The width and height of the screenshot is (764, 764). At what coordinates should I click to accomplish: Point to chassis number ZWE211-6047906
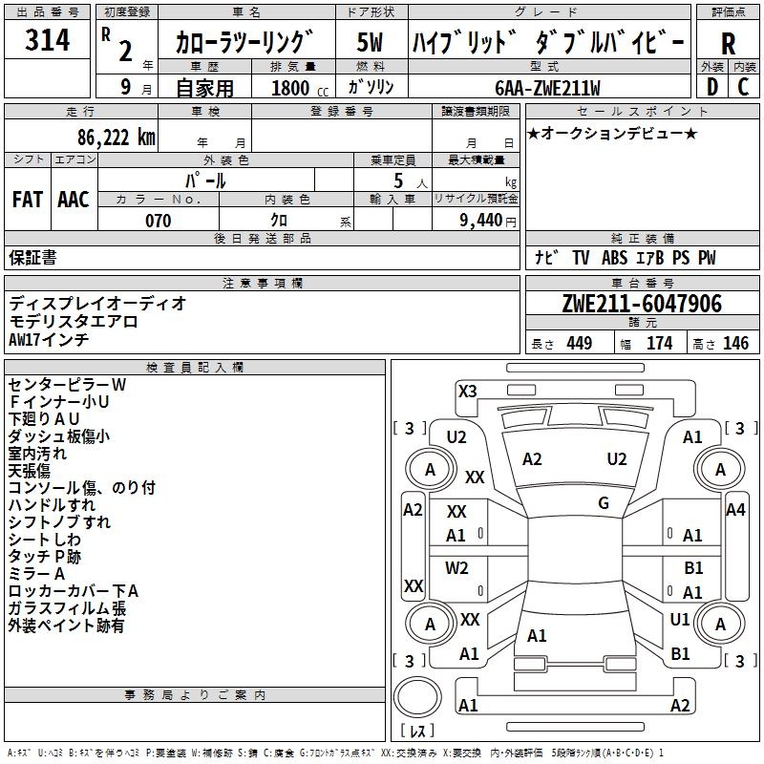pos(642,305)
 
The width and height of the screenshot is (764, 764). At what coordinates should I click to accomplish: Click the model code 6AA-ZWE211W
pos(547,89)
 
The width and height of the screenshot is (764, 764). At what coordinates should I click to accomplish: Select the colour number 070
pos(158,222)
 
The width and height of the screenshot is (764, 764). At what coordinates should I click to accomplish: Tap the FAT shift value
pos(27,200)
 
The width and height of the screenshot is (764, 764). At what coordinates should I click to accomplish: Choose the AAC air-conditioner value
pos(73,200)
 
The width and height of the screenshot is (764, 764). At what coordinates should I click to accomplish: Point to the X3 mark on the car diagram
pos(468,391)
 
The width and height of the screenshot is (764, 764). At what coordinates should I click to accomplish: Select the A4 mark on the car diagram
pos(734,510)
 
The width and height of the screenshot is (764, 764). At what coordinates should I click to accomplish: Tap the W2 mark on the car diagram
pos(457,568)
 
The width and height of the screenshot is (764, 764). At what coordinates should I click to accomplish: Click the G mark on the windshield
pos(604,503)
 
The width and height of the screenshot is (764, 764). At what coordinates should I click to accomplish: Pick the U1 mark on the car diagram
pos(680,620)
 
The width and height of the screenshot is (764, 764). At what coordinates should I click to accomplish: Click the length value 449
pos(579,344)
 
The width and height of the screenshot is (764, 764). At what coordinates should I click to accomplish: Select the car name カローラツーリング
pos(244,43)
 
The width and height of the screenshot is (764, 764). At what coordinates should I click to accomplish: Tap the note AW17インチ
pos(49,339)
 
